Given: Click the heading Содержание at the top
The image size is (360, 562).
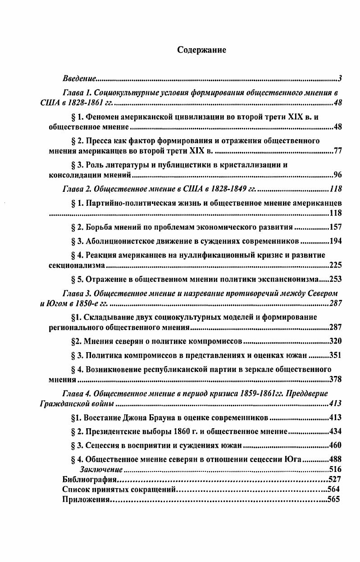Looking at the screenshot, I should point(201,50).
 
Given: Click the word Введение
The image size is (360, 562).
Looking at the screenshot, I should point(78,79).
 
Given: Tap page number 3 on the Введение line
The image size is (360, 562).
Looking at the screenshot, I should point(340,79).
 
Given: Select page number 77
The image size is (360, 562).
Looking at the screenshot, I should point(337,150).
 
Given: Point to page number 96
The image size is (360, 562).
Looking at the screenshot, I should point(337,175).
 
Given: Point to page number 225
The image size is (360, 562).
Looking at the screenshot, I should point(336,265).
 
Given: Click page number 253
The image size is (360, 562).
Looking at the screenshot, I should point(336,279).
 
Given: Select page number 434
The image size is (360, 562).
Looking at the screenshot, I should point(336,431).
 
